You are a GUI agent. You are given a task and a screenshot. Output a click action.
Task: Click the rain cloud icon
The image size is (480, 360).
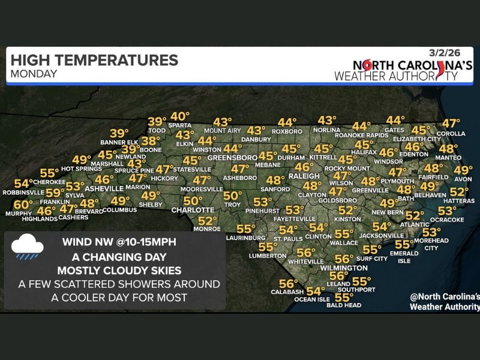[x=28, y=248]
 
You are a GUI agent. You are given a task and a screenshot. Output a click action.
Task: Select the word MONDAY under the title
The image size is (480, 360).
[x=34, y=74]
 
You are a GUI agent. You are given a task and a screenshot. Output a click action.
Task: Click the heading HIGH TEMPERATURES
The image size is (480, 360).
[x=94, y=61]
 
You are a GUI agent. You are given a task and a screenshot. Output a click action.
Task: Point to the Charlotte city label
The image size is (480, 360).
[x=193, y=210]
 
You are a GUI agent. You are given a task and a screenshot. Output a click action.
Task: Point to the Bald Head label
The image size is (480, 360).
[x=344, y=305]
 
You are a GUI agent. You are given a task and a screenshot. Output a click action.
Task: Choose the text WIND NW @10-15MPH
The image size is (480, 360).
[x=118, y=244]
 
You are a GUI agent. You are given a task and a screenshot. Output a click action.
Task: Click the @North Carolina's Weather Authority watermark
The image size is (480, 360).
[x=444, y=302]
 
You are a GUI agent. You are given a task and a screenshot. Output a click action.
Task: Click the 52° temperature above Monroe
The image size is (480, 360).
[x=207, y=221]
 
